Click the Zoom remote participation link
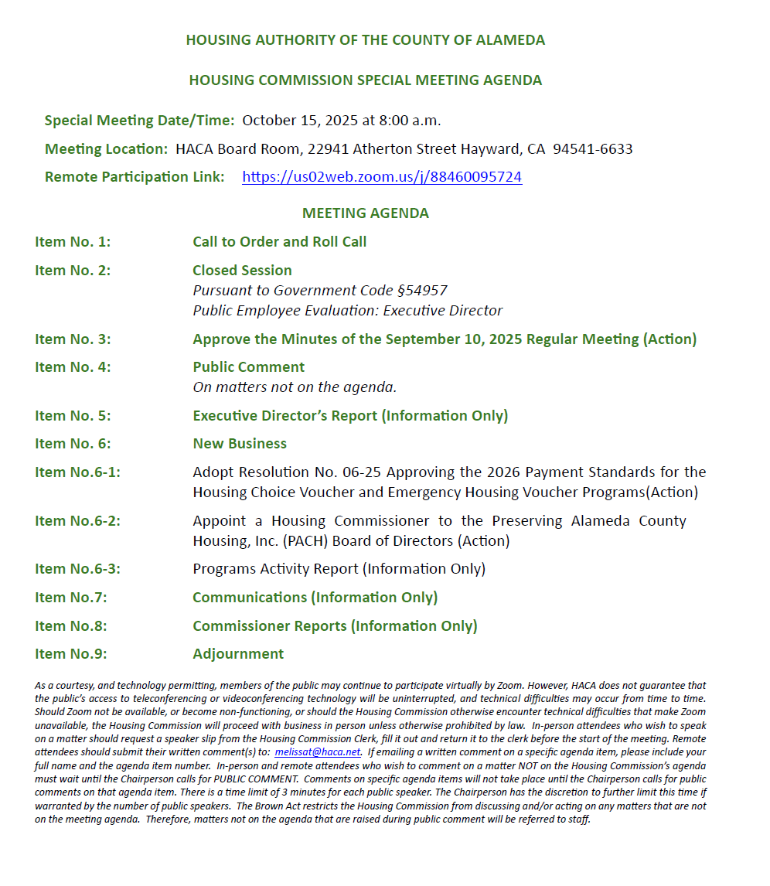click(382, 177)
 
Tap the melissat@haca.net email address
click(318, 751)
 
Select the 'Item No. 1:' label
click(73, 242)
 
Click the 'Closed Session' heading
click(242, 271)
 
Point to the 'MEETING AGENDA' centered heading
click(365, 213)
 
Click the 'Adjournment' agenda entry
click(238, 654)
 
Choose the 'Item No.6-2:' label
click(77, 521)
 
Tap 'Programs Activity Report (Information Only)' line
click(339, 569)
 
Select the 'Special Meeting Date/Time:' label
click(139, 121)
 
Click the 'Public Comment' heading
click(248, 367)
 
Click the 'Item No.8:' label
click(71, 626)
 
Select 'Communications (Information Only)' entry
click(315, 598)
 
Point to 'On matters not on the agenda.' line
click(295, 387)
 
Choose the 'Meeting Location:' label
click(106, 149)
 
